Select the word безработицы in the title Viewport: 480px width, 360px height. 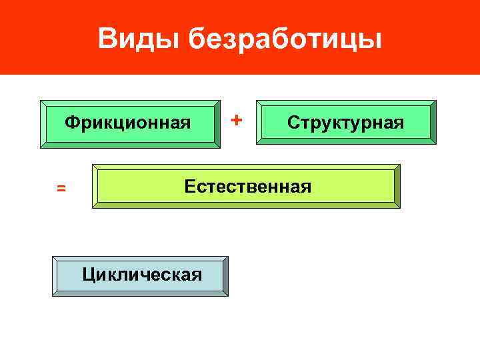tap(285, 40)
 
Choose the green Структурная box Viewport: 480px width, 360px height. tap(346, 122)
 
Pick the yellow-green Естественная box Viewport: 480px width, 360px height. tap(247, 186)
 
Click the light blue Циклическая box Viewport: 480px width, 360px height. tap(141, 274)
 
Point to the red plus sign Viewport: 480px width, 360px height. tap(236, 120)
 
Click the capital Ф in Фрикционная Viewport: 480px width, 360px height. tap(70, 123)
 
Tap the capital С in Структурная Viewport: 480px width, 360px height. tap(293, 123)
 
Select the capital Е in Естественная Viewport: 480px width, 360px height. tap(190, 186)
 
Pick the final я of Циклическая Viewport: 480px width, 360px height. tap(197, 274)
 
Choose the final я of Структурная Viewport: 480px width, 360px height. tap(399, 123)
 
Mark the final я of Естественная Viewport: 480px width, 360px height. tap(307, 187)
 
